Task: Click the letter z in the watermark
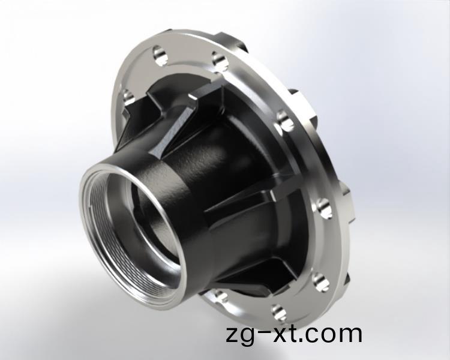pos(233,335)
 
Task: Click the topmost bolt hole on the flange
pos(160,55)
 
